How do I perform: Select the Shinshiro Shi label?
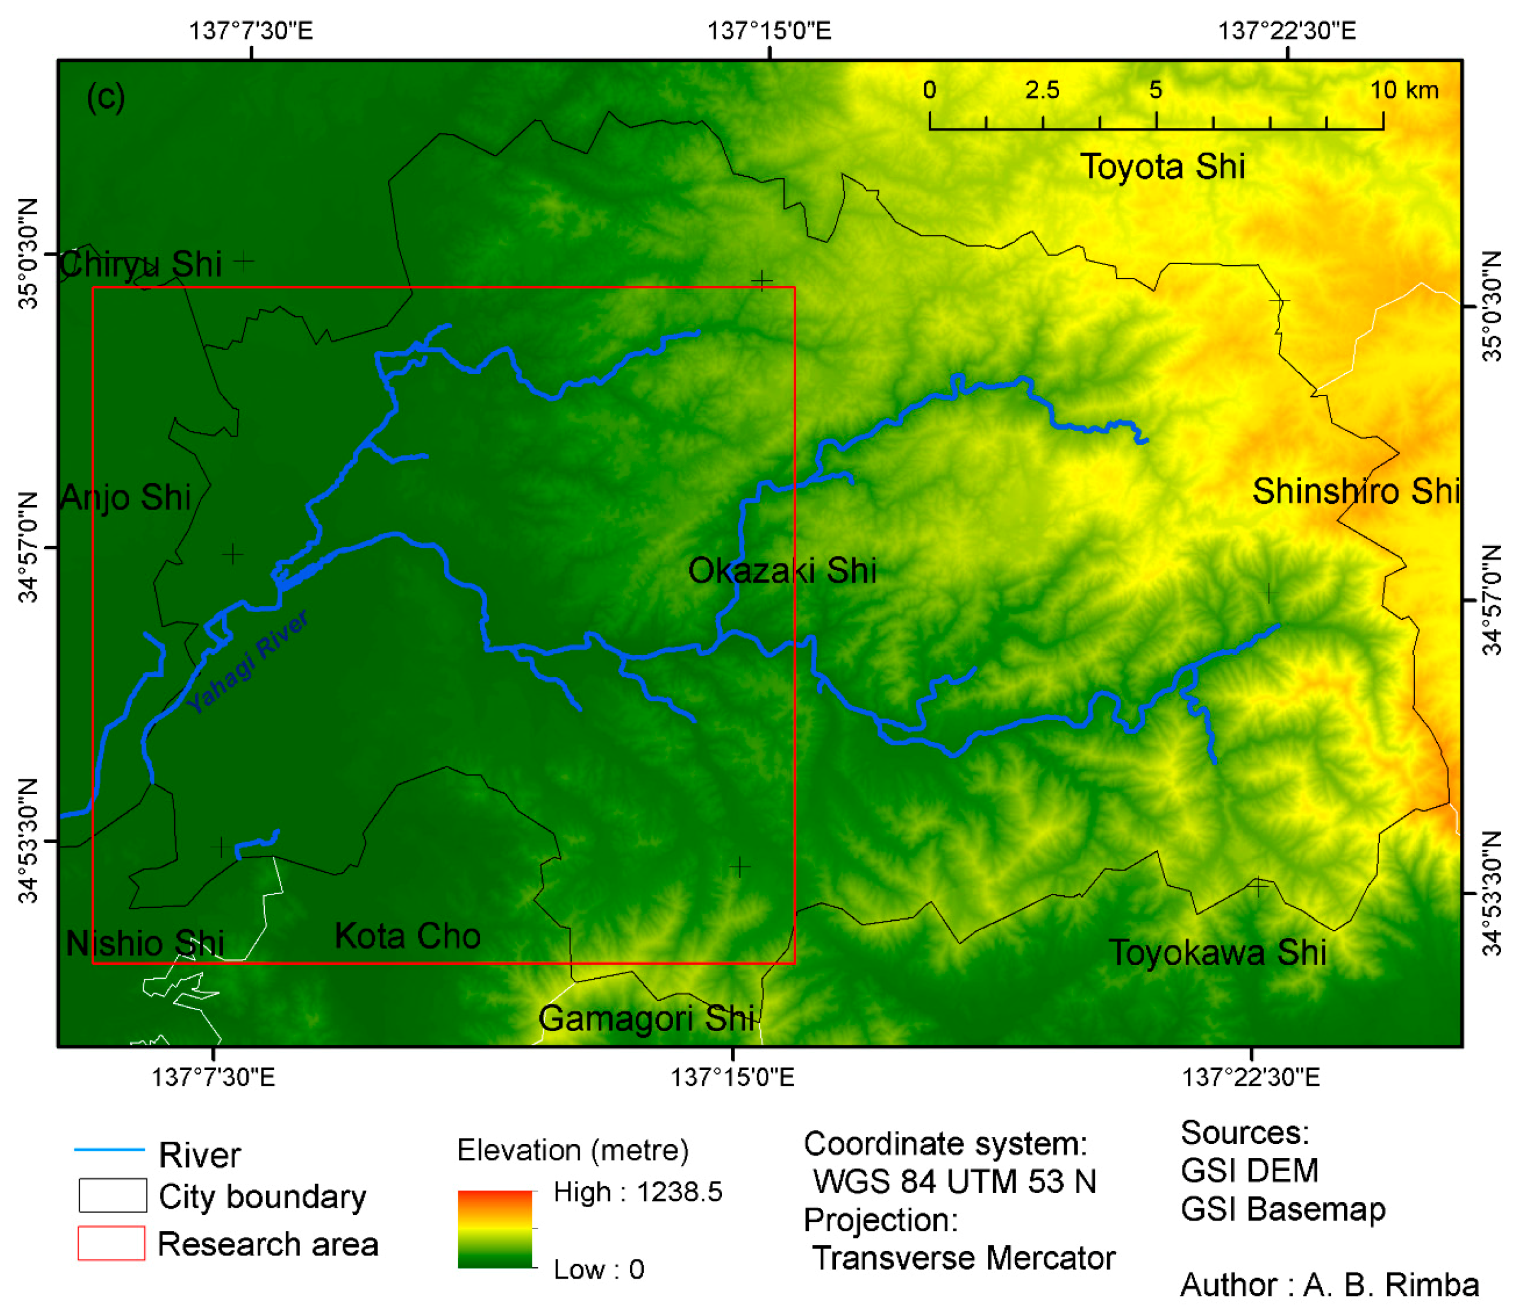pos(1355,491)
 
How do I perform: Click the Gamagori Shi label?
pos(646,1019)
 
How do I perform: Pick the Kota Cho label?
pos(408,936)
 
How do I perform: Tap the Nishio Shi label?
pos(145,944)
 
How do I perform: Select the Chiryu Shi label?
pos(141,264)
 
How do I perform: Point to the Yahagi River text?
pos(248,661)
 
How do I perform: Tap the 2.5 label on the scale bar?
pos(1042,90)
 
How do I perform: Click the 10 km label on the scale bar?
pos(1404,90)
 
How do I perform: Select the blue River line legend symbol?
pos(110,1149)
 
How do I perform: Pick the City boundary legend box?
pos(112,1195)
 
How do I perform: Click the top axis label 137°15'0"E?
pos(769,31)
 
